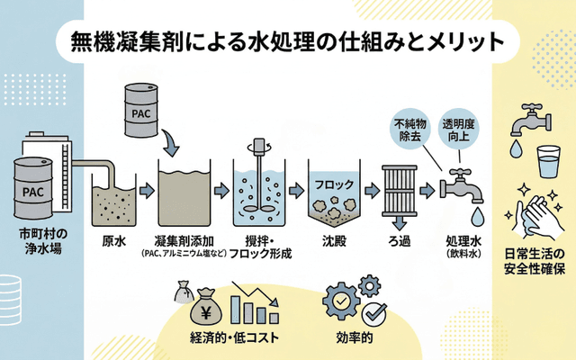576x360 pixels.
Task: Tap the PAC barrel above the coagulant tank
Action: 141,112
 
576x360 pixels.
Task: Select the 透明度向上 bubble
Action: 459,130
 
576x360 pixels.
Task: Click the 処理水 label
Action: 464,240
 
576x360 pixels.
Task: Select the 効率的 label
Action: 355,339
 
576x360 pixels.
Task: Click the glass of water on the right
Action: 546,165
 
